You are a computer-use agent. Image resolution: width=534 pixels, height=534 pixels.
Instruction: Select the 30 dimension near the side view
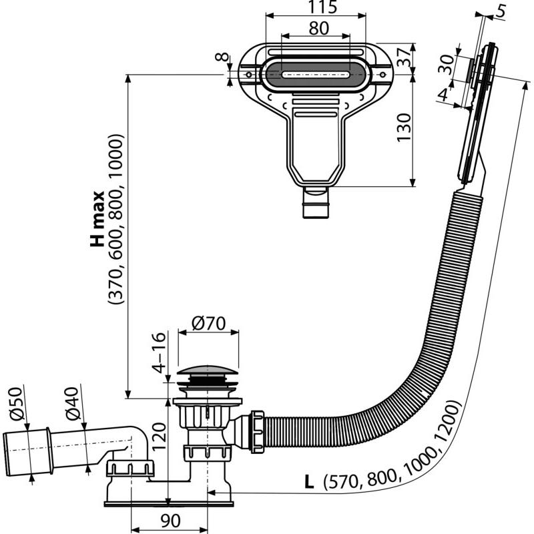(x=449, y=65)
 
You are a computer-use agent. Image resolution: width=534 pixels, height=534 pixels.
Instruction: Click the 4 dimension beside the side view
(x=443, y=95)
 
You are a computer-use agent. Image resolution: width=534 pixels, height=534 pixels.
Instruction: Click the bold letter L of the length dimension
(x=308, y=480)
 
